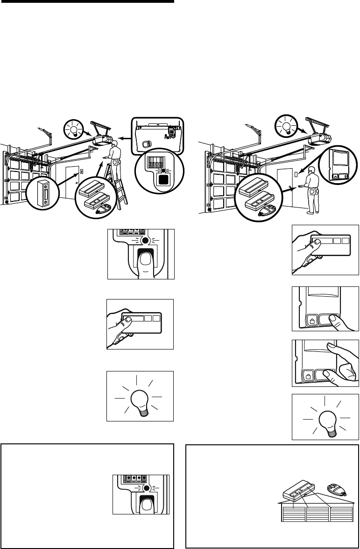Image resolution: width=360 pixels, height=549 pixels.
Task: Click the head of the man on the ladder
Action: pyautogui.click(x=115, y=151)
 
